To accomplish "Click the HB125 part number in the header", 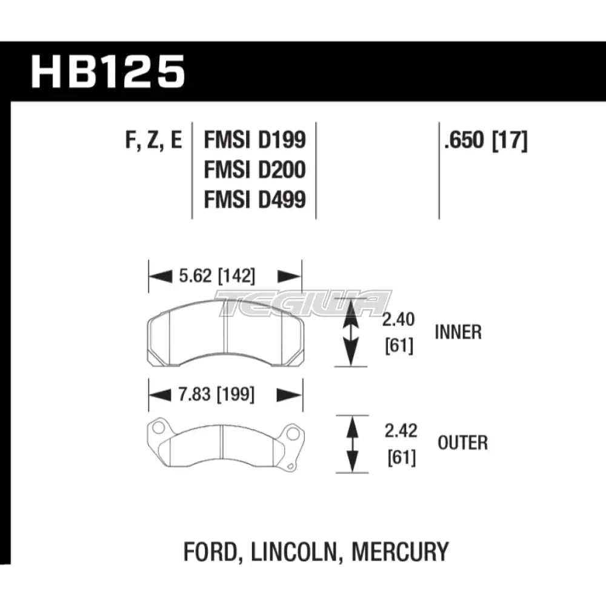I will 108,72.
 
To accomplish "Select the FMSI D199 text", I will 255,141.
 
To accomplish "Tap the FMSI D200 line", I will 255,170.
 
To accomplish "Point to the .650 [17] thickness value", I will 485,141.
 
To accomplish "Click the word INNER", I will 458,332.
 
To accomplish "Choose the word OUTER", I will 462,443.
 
